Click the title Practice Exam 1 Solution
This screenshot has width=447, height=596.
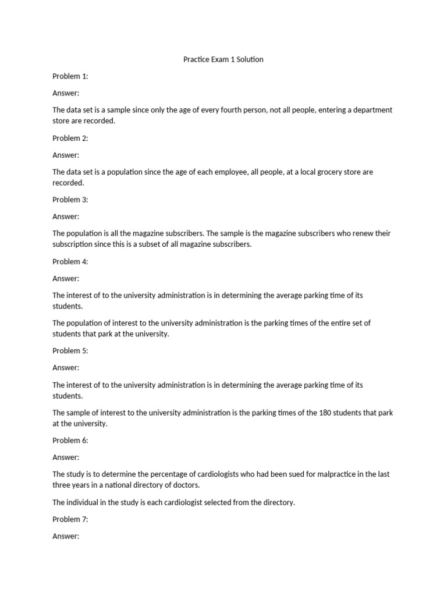223,59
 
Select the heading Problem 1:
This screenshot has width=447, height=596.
70,76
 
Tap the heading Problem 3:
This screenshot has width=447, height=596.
70,200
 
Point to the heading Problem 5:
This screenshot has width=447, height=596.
70,351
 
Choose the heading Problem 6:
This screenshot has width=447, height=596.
70,441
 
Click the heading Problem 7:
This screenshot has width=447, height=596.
70,519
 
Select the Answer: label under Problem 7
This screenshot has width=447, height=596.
66,536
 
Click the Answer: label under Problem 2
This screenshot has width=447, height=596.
66,155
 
